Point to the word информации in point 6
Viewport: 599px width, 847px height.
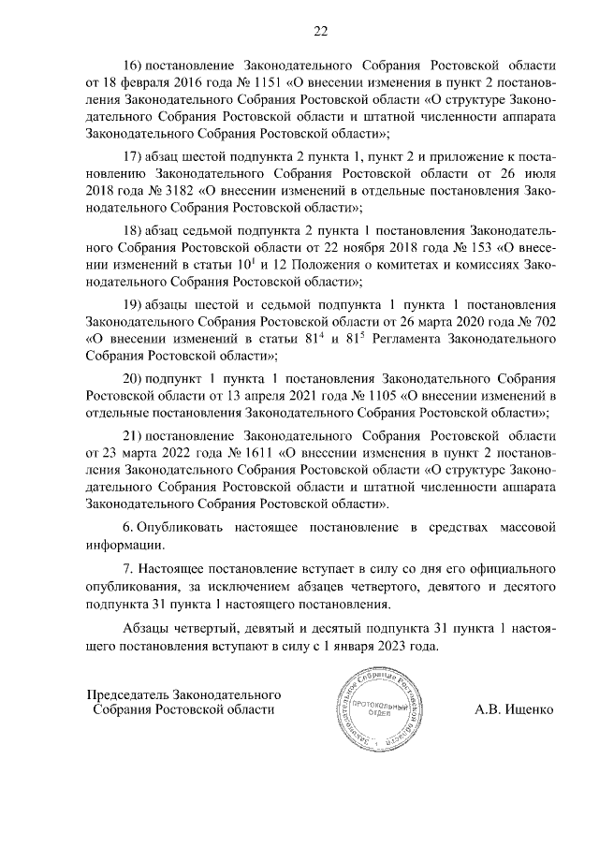[125, 545]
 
